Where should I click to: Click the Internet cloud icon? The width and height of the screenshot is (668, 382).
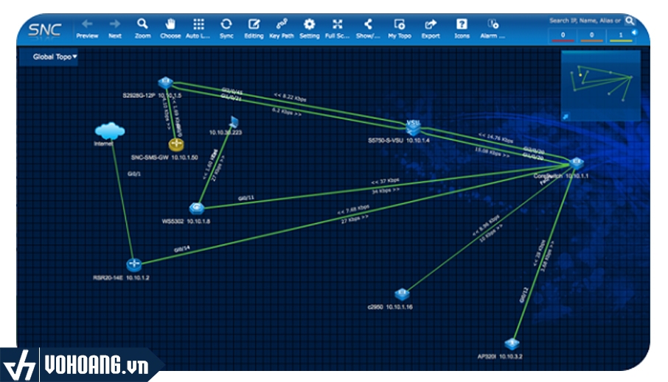110,131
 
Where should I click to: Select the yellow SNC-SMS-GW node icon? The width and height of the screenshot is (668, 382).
175,144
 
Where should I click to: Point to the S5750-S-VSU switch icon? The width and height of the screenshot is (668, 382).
413,127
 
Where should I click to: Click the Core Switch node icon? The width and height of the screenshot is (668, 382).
577,163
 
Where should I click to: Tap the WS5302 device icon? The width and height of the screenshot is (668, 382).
195,208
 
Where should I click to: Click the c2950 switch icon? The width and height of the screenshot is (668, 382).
401,294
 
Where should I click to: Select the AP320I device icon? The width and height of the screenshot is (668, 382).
510,344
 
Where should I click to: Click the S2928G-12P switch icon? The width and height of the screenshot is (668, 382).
164,83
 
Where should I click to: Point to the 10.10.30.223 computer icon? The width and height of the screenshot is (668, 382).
234,121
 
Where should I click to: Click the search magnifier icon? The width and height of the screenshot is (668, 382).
630,21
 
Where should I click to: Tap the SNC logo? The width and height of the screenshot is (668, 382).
45,31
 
